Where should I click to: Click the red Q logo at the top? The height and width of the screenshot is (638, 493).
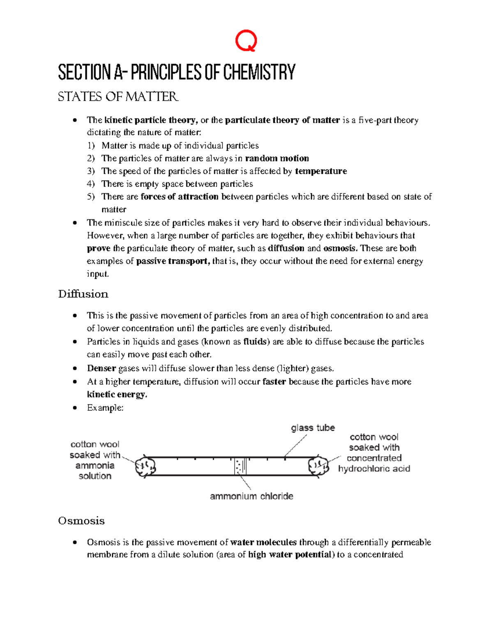(246, 41)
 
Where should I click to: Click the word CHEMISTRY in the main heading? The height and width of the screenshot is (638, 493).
(259, 72)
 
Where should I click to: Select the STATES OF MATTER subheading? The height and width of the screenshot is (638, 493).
(118, 97)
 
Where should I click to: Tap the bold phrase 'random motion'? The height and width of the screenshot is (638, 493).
(277, 159)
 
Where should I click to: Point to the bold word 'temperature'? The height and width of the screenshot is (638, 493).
(321, 171)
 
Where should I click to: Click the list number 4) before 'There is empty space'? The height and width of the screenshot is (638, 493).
(91, 184)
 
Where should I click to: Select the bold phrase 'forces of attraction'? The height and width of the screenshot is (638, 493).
(180, 197)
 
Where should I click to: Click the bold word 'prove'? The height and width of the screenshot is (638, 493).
(99, 249)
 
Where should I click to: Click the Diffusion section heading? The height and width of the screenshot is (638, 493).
(83, 294)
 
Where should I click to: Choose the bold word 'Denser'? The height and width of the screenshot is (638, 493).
(101, 369)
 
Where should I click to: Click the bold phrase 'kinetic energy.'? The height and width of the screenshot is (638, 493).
(117, 395)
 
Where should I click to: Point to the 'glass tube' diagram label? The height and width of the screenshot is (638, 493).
(313, 428)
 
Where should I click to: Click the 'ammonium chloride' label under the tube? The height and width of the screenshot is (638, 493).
(251, 496)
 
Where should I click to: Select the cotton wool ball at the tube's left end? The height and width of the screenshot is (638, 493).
(145, 466)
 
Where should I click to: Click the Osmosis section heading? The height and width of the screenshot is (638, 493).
(81, 521)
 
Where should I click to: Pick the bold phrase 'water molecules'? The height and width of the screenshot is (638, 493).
(263, 543)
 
